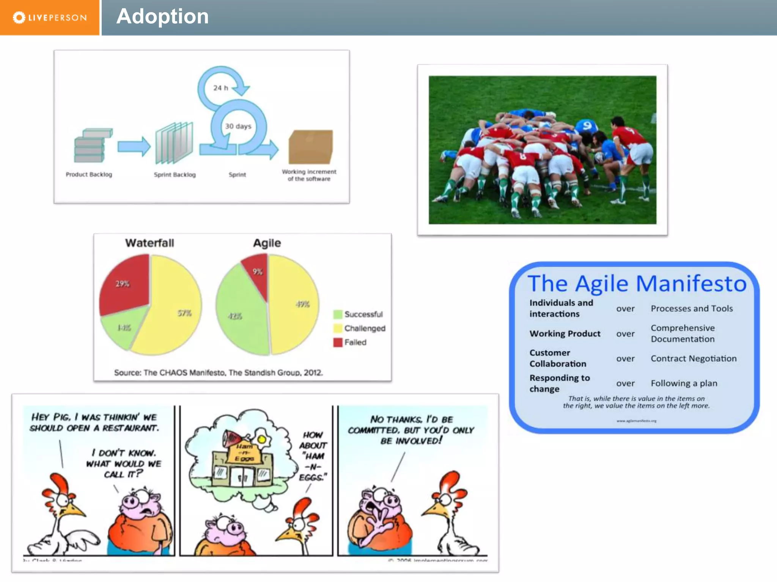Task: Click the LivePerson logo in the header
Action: point(50,17)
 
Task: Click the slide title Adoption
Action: point(162,17)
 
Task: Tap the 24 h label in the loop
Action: point(220,88)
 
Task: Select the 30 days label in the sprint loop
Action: point(238,126)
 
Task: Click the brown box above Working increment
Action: point(310,147)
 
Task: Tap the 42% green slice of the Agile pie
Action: point(239,314)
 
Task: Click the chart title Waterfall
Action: point(149,243)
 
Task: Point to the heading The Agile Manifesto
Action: point(637,283)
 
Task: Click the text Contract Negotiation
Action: point(694,358)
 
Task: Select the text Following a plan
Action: point(684,383)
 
